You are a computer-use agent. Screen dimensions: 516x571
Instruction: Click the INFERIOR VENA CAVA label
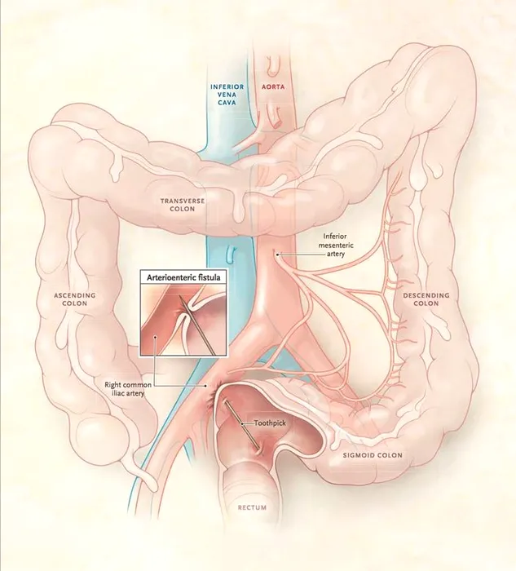tap(227, 95)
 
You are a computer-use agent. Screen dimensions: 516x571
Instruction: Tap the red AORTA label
tap(273, 87)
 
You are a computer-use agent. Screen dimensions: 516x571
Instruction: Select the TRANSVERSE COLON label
tap(183, 205)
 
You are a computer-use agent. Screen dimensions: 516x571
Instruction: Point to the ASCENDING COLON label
tap(75, 299)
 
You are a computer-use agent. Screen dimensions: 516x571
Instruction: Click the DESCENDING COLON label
tap(426, 299)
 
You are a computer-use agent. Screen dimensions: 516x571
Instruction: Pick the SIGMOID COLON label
tap(373, 455)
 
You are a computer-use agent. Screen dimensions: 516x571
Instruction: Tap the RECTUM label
tap(252, 507)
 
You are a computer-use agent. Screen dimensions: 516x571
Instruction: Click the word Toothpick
tap(270, 423)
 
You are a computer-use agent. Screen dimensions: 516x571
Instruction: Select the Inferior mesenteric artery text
tap(336, 245)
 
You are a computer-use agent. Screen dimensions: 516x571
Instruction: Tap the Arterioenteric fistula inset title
tap(183, 277)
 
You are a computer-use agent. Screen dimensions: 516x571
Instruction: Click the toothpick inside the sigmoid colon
tap(241, 425)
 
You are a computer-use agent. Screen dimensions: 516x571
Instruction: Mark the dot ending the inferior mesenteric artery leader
tap(278, 255)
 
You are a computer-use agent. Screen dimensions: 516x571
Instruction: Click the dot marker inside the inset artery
tap(155, 337)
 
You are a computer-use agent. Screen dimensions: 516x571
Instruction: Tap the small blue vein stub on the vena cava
tap(231, 254)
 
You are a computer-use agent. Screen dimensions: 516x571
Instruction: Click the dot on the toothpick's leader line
tap(242, 423)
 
